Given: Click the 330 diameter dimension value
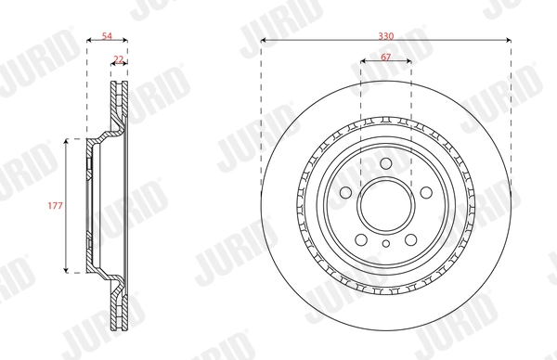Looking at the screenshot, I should click(386, 34).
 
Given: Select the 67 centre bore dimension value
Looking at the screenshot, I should click(385, 58).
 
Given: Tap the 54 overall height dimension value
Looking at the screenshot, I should click(106, 34).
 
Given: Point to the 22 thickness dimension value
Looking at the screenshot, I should click(118, 58).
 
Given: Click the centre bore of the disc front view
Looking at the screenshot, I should click(385, 206).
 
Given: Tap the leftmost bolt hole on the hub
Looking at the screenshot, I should click(345, 193).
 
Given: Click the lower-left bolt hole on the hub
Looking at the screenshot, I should click(361, 239).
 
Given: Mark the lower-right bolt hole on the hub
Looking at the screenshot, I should click(410, 239).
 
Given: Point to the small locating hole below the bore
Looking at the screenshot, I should click(385, 243).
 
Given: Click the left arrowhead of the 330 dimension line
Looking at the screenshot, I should click(264, 41).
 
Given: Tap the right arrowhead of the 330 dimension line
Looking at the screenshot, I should click(509, 41).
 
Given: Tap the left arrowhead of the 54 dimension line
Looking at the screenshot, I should click(88, 41).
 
